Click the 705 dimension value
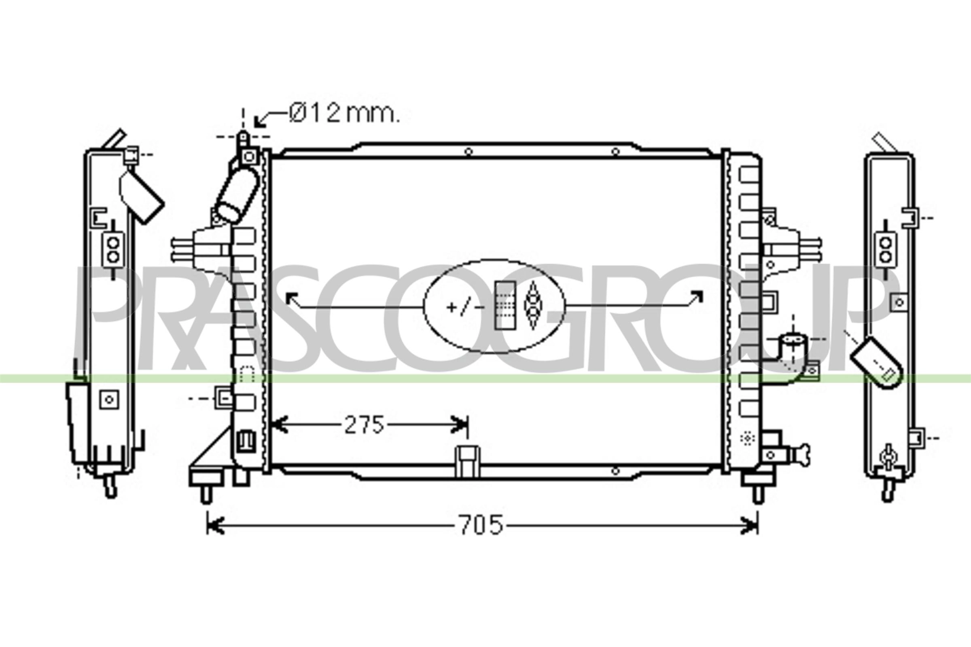pyautogui.click(x=481, y=525)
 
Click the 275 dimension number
pyautogui.click(x=365, y=425)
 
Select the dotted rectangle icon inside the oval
pyautogui.click(x=505, y=306)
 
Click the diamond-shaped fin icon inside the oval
pyautogui.click(x=532, y=306)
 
